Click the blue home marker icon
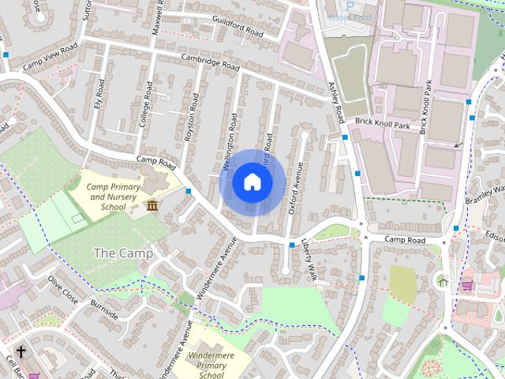point(252,182)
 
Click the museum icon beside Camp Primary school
point(151,206)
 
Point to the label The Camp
point(118,253)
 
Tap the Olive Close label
point(63,290)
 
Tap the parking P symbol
point(350,5)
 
